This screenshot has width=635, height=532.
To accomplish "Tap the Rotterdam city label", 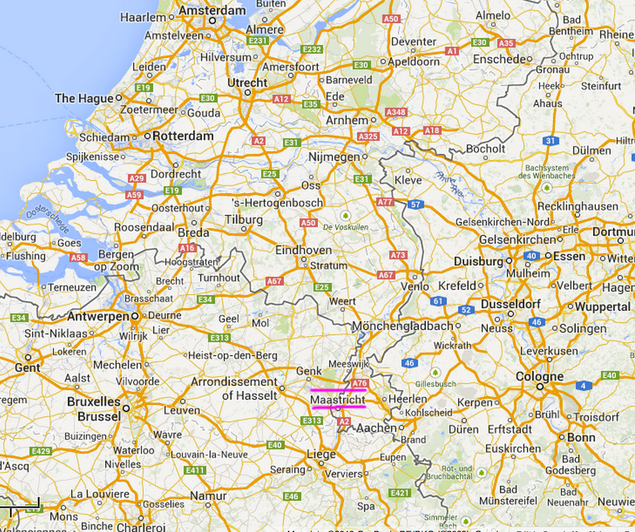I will tap(183, 136).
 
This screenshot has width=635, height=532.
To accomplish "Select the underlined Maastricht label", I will tap(338, 400).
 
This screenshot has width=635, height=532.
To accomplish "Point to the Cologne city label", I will tap(540, 377).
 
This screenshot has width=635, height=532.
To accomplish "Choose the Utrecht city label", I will tap(247, 82).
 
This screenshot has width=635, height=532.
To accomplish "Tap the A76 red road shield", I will tap(360, 383).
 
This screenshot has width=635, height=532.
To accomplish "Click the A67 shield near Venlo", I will tap(386, 275).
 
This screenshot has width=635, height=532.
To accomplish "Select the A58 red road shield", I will tap(79, 258).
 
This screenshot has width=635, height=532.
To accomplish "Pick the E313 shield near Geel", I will tap(219, 338).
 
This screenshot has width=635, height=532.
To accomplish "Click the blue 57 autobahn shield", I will tap(416, 204).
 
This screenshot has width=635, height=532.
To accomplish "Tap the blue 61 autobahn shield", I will tap(438, 301).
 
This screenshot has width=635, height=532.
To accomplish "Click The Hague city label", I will tap(84, 98).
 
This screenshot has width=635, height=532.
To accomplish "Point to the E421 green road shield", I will tap(400, 493).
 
